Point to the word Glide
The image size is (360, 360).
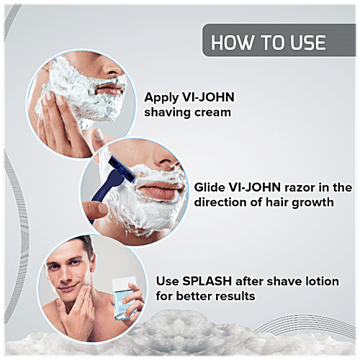(x=210, y=186)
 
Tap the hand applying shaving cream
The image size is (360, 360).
(x=59, y=122)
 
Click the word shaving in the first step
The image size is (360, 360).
(x=168, y=114)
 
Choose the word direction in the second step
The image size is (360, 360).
(x=223, y=202)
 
